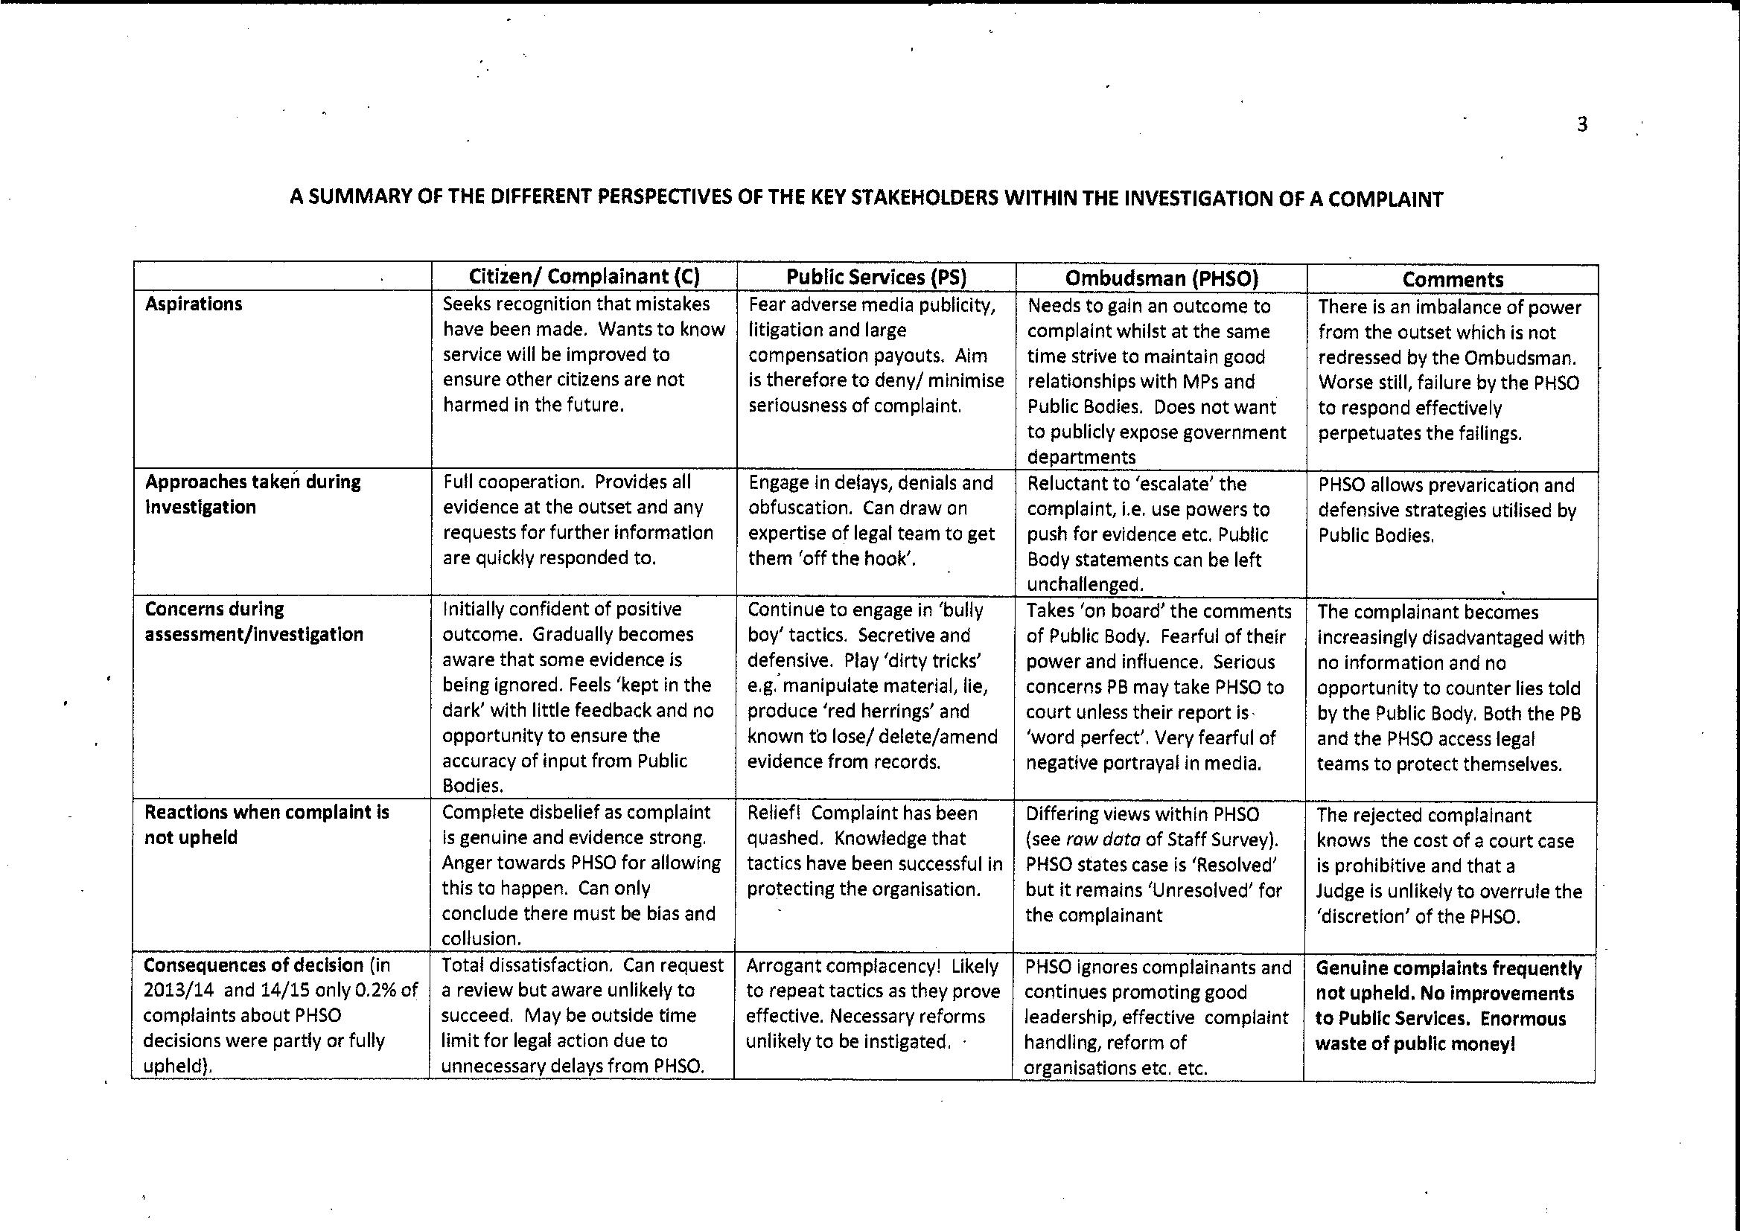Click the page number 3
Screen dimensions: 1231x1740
coord(1581,124)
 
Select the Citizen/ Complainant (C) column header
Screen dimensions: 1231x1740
coord(584,276)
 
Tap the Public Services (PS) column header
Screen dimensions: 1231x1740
coord(876,277)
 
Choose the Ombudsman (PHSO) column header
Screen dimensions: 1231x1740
coord(1161,278)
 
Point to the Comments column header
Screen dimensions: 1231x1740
coord(1452,279)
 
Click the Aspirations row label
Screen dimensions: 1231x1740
coord(194,304)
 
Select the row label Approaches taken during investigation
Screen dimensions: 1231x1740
coord(252,494)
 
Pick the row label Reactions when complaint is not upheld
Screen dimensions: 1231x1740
coord(266,825)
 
